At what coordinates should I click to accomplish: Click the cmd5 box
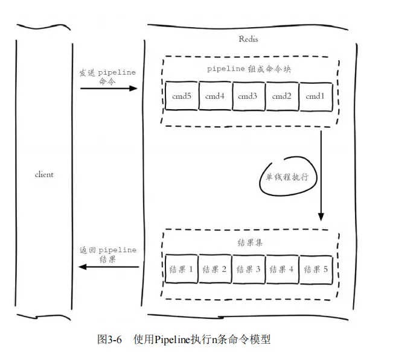(182, 96)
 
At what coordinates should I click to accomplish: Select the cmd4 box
(215, 96)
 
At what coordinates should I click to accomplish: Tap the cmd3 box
(248, 96)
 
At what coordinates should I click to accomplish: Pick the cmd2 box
(281, 96)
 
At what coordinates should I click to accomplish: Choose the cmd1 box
(315, 96)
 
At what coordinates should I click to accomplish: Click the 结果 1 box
(181, 270)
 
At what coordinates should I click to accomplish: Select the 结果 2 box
(215, 270)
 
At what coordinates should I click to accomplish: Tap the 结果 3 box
(248, 270)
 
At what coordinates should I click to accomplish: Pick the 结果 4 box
(281, 270)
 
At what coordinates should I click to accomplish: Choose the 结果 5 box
(315, 270)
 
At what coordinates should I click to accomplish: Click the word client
(44, 175)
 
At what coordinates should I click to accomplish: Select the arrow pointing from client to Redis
(109, 89)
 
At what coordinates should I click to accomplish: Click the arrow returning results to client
(109, 267)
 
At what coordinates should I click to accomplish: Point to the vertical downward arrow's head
(321, 216)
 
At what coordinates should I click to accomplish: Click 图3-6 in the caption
(110, 339)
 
